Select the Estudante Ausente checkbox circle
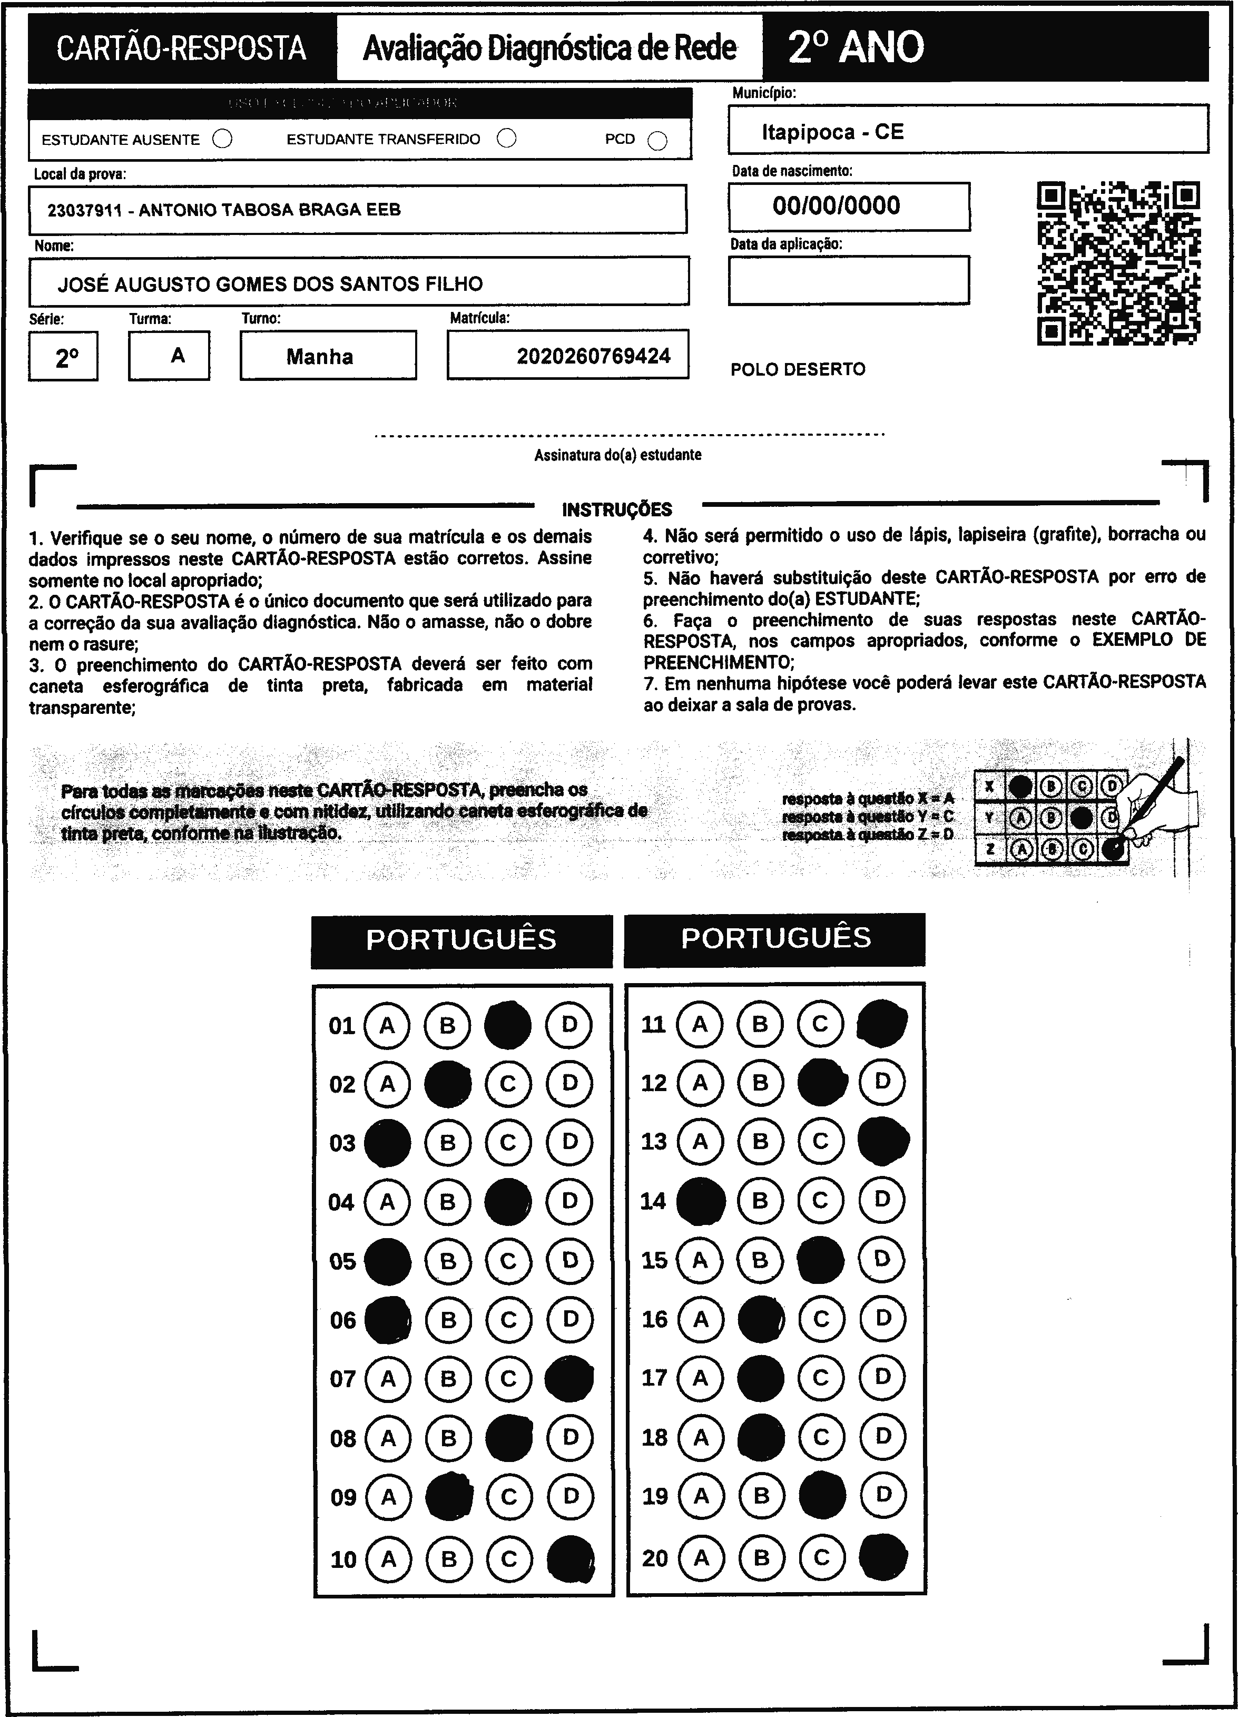(223, 139)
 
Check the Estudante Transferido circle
(507, 139)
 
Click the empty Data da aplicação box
(848, 280)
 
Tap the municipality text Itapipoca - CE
(832, 132)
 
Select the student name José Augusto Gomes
(270, 284)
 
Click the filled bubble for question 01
(507, 1025)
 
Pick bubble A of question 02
(387, 1084)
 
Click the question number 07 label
(342, 1379)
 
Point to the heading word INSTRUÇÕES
(617, 509)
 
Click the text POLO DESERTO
(797, 369)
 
